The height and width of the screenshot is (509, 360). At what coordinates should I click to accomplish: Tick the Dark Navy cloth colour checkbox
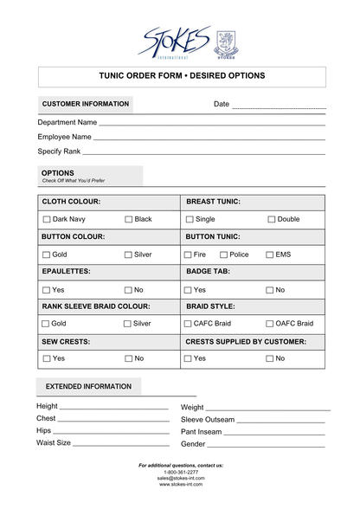click(x=47, y=220)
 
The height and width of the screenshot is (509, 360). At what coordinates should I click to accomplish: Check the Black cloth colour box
click(x=129, y=220)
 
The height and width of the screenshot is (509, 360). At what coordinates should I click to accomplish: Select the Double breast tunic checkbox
click(x=271, y=220)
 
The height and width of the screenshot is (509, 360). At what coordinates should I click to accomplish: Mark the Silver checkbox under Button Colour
click(x=128, y=255)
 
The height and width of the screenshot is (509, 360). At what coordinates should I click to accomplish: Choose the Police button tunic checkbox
click(x=223, y=255)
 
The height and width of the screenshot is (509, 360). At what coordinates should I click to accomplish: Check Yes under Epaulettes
click(x=47, y=290)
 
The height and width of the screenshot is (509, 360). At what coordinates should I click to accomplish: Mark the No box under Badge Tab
click(x=270, y=290)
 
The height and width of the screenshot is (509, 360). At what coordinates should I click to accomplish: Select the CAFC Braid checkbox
click(x=188, y=324)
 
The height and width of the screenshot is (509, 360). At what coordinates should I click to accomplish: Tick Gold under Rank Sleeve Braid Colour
click(x=47, y=324)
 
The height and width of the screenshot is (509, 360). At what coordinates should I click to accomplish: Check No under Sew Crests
click(x=128, y=358)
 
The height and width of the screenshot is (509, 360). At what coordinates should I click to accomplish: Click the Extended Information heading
click(x=88, y=387)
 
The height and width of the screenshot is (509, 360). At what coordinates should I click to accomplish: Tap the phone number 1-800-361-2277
click(x=180, y=472)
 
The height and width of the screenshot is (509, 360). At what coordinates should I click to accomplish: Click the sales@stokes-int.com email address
click(x=180, y=478)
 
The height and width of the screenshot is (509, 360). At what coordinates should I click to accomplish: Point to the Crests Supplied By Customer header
click(x=246, y=342)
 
